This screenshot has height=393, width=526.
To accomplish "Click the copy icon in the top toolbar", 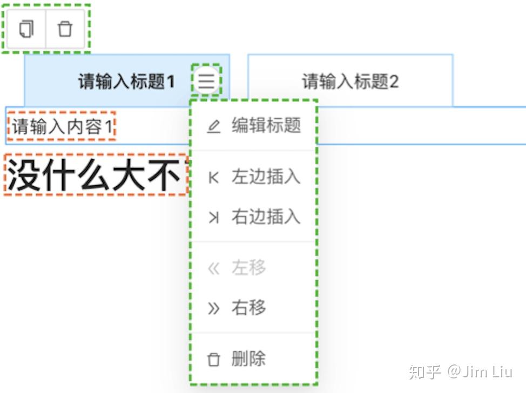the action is click(26, 29).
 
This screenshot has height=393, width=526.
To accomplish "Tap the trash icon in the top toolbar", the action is click(65, 29).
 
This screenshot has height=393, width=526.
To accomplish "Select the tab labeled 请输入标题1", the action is click(126, 82).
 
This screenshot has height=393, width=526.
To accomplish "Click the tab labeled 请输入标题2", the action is click(350, 82).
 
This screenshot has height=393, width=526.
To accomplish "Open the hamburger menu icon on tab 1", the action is click(206, 82).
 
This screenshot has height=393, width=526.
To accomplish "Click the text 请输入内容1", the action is click(62, 127).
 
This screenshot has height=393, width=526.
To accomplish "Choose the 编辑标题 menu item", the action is click(266, 126).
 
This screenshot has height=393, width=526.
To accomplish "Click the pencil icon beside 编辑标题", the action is click(214, 127).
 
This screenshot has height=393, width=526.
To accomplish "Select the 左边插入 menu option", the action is click(266, 177).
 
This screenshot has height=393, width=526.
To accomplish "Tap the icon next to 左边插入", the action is click(214, 178).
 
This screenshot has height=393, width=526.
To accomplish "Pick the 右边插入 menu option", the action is click(266, 217).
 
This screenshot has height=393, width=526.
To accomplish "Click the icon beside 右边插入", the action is click(214, 218).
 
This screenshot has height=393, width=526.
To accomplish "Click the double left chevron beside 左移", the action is click(214, 268).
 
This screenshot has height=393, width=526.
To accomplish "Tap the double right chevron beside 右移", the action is click(214, 308).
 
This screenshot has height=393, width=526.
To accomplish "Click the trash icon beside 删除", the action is click(214, 359).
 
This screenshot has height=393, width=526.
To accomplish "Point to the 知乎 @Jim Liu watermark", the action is click(460, 372).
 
